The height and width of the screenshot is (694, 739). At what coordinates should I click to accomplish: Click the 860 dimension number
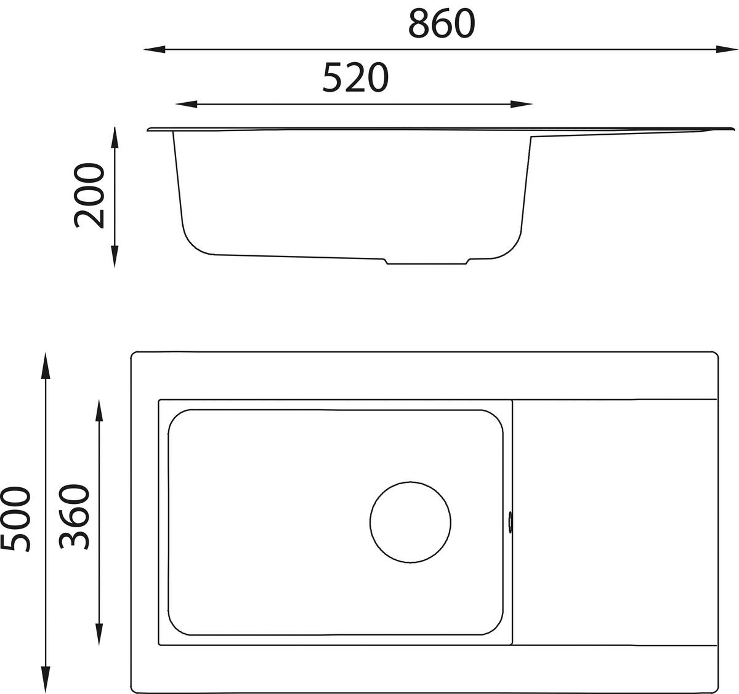pos(442,23)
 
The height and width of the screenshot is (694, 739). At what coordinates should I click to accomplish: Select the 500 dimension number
pos(15,519)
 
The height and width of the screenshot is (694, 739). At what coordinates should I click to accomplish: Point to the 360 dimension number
pos(75,517)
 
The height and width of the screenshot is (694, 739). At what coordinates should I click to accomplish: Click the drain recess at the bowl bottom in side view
pos(427,261)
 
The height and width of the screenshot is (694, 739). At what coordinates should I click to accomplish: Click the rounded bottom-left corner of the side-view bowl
pos(191,243)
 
